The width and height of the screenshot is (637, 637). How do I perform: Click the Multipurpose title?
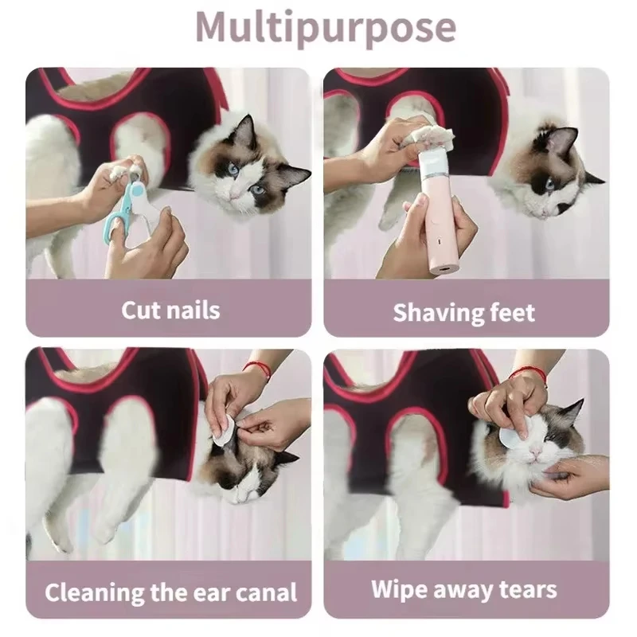326,28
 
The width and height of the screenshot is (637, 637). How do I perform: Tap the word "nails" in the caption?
193,311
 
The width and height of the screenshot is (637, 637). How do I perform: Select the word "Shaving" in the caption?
438,313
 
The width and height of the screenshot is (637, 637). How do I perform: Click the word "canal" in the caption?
267,592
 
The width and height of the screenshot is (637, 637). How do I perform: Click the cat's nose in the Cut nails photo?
232,195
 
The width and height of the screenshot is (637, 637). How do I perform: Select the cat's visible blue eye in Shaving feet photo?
549,184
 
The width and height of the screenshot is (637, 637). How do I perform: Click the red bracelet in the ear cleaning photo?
257,369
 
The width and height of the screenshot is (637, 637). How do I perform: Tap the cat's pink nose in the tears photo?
535,452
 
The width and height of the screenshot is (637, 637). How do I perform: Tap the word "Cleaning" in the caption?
95,592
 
